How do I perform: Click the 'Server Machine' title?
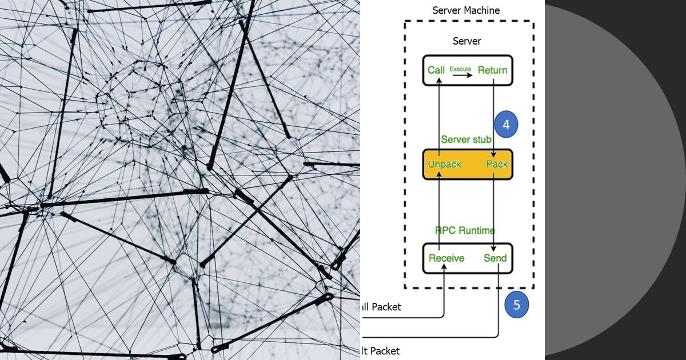[466, 10]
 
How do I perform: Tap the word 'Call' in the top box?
[436, 70]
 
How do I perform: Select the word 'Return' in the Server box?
[492, 70]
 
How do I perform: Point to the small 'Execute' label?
[460, 69]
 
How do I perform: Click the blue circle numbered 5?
[517, 305]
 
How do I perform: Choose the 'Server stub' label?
[466, 139]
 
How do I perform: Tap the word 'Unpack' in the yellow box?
[444, 165]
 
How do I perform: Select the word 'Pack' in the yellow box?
[496, 165]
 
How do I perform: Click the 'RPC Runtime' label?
[465, 231]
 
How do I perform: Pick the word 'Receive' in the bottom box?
[446, 258]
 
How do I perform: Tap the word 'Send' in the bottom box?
[495, 258]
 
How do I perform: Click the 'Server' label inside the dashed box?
[466, 41]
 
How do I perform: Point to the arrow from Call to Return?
[461, 75]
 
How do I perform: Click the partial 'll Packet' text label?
[381, 307]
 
